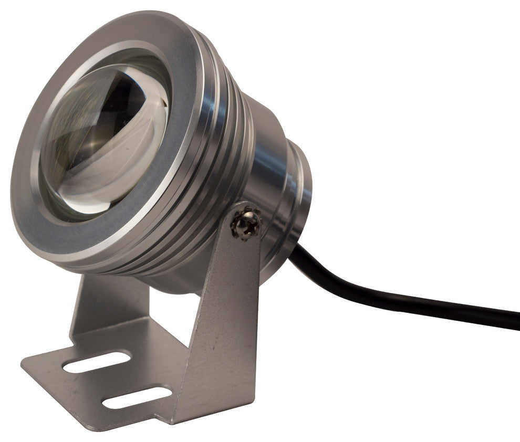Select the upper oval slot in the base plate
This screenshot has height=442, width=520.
96,362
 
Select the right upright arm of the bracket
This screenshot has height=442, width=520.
221,315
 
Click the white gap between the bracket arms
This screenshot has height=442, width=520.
158,310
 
